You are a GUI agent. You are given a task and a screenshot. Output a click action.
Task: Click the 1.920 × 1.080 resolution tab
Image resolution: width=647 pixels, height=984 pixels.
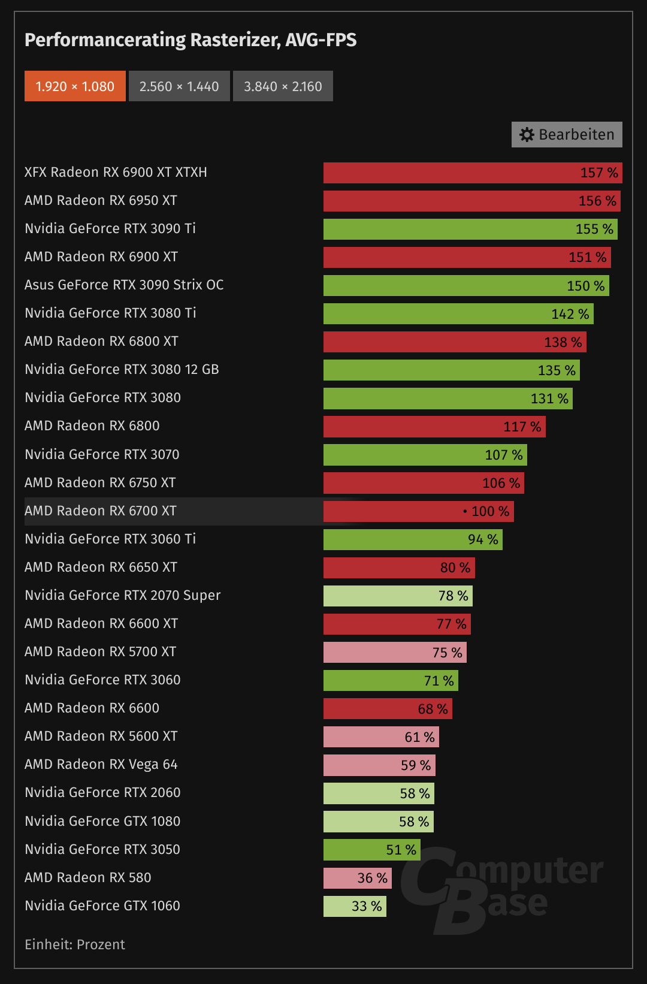click(x=75, y=86)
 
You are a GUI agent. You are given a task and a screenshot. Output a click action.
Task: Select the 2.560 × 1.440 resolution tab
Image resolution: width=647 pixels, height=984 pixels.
click(x=179, y=86)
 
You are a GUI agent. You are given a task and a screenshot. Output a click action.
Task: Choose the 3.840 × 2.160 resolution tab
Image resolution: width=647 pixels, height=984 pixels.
click(x=283, y=86)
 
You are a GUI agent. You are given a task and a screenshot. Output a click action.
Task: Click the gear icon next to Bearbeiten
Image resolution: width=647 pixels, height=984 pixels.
click(x=527, y=135)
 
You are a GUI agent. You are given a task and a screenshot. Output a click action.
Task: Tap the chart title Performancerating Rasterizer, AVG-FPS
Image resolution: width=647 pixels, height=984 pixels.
click(x=191, y=40)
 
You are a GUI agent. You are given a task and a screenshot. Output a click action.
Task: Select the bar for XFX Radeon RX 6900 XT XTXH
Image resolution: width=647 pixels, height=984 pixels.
click(x=473, y=173)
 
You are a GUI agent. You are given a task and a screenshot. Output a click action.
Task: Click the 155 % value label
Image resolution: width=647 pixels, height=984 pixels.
click(x=594, y=229)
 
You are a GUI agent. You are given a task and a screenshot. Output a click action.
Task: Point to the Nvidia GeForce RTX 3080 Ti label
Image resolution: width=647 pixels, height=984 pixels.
click(x=110, y=313)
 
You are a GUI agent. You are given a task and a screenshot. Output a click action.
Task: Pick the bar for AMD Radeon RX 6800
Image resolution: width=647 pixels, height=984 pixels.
click(x=434, y=427)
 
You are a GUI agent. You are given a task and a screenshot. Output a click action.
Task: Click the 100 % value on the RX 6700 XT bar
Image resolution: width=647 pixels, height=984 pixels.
click(x=490, y=511)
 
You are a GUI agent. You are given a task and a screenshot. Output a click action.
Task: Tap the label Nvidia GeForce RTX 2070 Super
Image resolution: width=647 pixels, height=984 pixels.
click(x=122, y=595)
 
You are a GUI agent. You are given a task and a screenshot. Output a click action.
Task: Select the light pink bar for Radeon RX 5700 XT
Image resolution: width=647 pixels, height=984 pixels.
click(x=395, y=652)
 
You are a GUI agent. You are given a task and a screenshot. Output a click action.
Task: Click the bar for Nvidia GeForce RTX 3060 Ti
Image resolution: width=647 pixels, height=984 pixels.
click(x=413, y=539)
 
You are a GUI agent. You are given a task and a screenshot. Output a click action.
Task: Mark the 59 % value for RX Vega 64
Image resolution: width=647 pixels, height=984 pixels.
click(x=416, y=765)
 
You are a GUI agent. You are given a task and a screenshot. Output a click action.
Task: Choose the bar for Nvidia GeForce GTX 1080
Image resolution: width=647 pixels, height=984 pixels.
click(x=378, y=822)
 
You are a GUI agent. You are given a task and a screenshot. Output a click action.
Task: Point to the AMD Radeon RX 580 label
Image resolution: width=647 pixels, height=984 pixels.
click(x=88, y=877)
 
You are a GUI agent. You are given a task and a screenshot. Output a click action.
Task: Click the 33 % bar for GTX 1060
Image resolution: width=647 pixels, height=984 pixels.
click(x=355, y=906)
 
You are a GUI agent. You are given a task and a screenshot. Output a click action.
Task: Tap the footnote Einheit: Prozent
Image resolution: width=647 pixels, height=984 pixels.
click(x=75, y=944)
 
